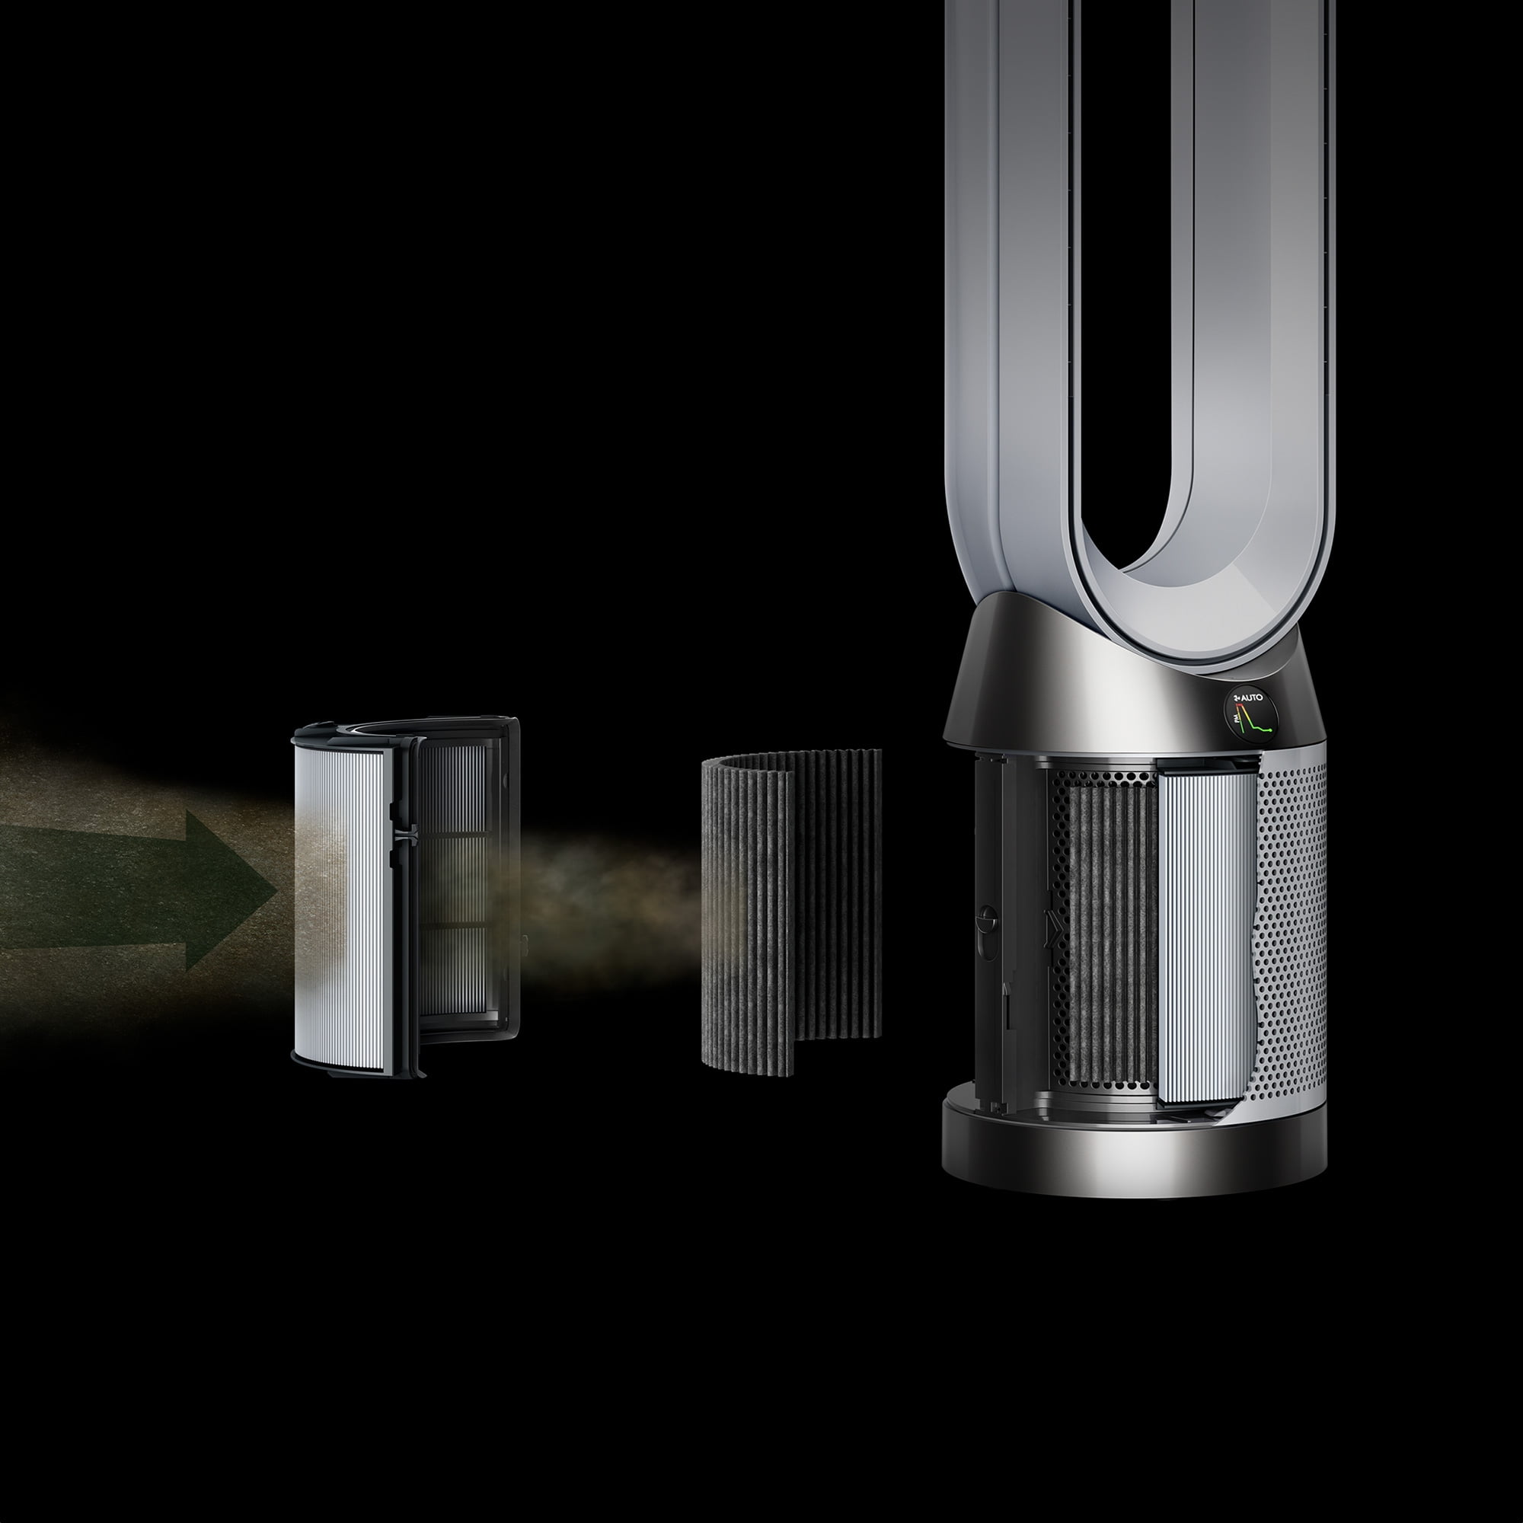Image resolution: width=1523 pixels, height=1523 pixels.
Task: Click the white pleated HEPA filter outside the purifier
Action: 339,906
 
